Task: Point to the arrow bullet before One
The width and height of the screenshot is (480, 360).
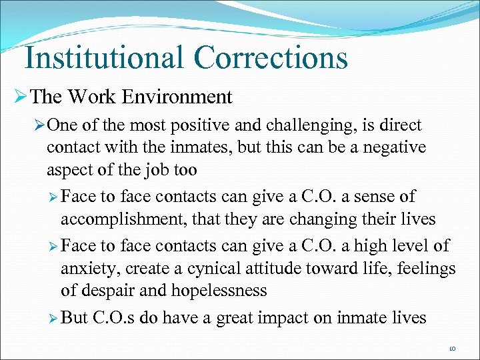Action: (39, 126)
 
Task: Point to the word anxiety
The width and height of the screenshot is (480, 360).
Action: (87, 269)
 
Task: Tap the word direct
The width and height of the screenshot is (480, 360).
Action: (401, 126)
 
